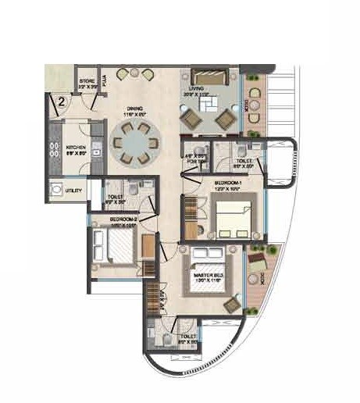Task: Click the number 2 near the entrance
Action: click(58, 100)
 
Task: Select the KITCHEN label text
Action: click(76, 146)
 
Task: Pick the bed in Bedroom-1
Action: click(233, 219)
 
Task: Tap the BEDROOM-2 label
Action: click(123, 219)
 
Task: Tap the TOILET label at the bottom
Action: click(188, 319)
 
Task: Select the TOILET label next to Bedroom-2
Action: click(115, 195)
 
